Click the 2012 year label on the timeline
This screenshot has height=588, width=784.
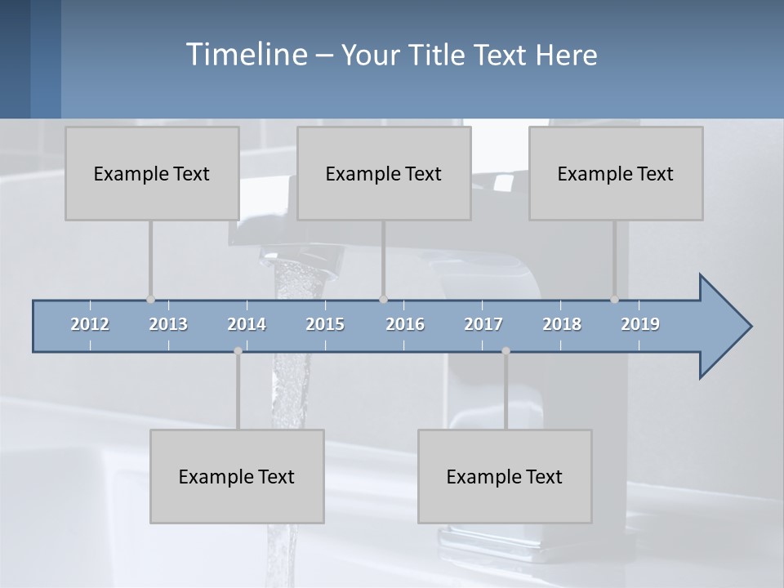click(90, 324)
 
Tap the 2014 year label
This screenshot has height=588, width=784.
click(247, 324)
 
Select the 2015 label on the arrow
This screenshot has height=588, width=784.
click(325, 324)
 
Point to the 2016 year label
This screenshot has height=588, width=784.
click(405, 324)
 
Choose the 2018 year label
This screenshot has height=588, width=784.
click(562, 324)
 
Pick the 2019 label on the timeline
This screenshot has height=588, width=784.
click(640, 324)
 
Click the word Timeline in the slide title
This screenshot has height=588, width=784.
click(246, 55)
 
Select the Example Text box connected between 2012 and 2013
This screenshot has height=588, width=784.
click(152, 173)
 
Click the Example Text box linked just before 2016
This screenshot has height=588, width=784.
click(384, 173)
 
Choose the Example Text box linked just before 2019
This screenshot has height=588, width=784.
click(616, 173)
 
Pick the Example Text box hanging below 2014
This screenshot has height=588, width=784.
click(237, 476)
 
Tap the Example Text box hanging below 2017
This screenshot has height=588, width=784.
click(505, 476)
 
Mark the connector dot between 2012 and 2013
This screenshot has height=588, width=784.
click(150, 300)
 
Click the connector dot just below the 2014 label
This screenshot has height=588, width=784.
click(238, 351)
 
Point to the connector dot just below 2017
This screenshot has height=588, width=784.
click(506, 351)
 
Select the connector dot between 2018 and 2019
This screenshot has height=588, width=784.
click(614, 300)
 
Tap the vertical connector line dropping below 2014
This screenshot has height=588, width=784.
click(238, 390)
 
